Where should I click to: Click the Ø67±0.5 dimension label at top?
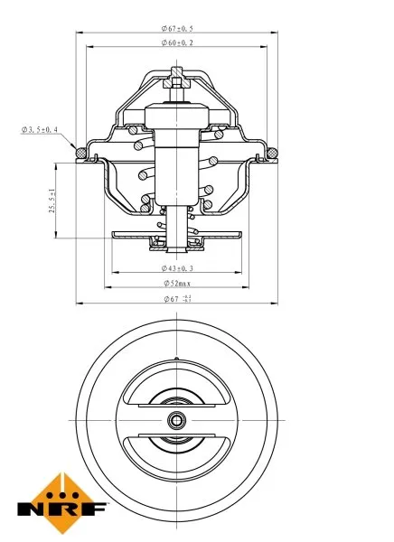(178, 27)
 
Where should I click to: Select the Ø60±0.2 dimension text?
(178, 42)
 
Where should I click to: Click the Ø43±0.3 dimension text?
(178, 268)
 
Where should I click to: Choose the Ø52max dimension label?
(178, 283)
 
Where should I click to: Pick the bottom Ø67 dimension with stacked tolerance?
(178, 298)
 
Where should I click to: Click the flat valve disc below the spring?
(178, 237)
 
